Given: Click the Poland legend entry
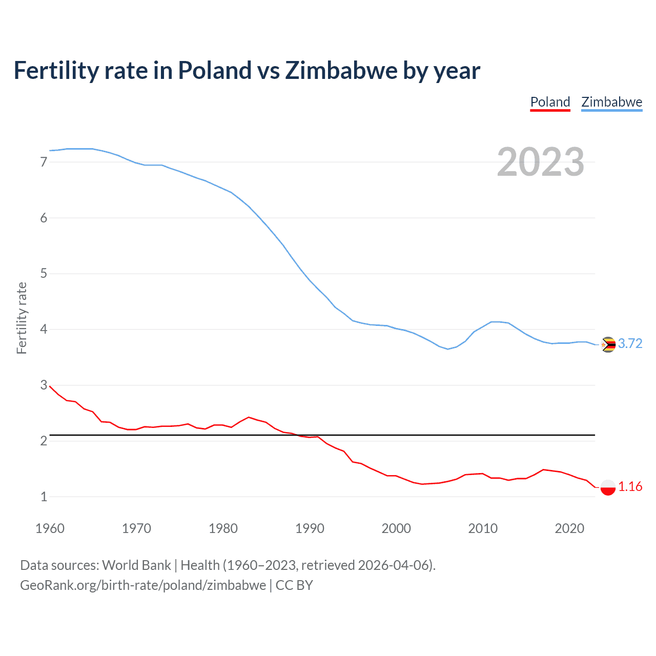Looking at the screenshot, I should point(550,102).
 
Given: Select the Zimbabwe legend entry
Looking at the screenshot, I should point(611,102).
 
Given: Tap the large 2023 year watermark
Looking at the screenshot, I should point(540,162).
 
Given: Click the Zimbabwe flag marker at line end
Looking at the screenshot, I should point(608,344).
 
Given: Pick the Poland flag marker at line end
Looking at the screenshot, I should point(608,487).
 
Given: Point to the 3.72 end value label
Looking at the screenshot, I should point(630,344).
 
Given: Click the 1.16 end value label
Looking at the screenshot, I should point(630,486).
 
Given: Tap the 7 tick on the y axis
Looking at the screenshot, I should point(44,162).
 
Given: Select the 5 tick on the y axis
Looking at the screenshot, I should point(44,274).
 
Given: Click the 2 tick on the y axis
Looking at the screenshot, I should point(44,441).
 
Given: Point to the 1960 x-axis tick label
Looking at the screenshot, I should point(50,528).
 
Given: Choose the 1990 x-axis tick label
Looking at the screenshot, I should point(310,528).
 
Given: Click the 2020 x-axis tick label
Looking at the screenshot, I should point(569,528).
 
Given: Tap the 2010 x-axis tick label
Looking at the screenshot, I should point(483,528).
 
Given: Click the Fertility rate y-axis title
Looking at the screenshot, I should point(22,318).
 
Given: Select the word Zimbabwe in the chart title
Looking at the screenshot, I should point(340,71).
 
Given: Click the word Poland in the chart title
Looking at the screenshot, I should point(215,71).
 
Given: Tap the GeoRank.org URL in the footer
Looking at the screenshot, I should point(143,585).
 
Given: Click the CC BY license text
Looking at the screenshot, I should point(294,585).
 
